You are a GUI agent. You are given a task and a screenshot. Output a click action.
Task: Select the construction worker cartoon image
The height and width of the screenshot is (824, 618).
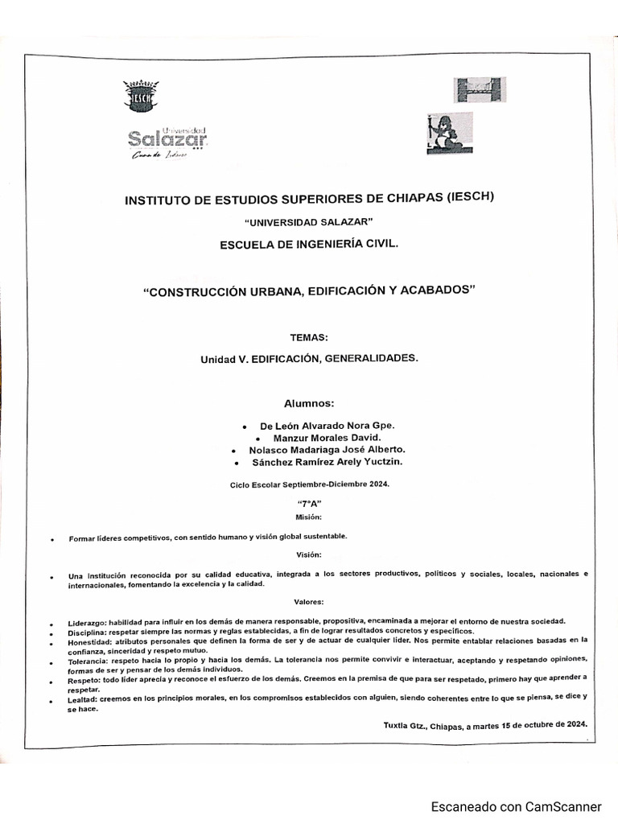tap(449, 132)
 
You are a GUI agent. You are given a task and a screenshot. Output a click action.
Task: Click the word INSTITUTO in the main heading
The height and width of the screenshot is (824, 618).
tap(161, 200)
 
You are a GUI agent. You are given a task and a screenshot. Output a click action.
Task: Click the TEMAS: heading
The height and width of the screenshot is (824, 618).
tap(309, 337)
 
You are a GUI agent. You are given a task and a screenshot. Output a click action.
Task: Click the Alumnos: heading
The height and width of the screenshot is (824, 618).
tap(308, 403)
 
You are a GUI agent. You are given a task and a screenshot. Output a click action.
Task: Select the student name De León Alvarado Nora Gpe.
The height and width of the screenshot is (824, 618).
tap(328, 425)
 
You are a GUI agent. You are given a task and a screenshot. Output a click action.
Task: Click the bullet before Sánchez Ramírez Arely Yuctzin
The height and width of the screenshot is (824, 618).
tap(236, 463)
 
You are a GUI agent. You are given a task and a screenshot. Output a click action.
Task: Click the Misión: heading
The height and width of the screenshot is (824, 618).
tap(309, 517)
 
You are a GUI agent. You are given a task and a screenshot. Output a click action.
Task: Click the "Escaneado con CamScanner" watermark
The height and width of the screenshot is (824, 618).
tap(516, 806)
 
